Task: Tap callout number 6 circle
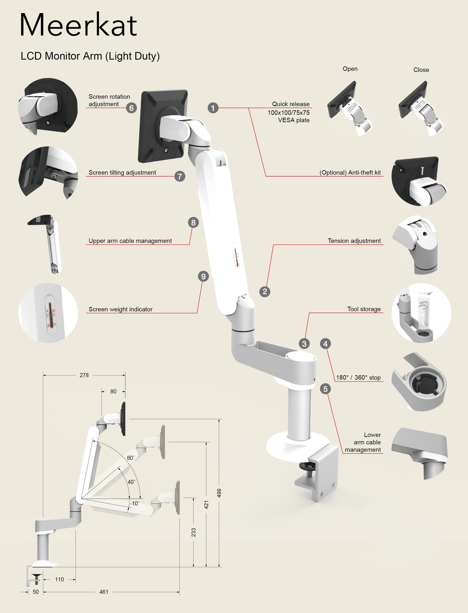point(131,108)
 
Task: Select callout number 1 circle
point(213,108)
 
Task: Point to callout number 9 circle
point(203,276)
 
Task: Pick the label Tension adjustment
point(354,241)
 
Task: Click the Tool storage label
point(364,309)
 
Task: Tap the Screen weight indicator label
point(120,309)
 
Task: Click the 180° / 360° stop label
point(358,378)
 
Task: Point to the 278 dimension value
point(84,375)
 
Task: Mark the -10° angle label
point(134,503)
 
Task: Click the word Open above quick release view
point(350,69)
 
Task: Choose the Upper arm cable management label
point(130,241)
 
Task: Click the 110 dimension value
point(59,579)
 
